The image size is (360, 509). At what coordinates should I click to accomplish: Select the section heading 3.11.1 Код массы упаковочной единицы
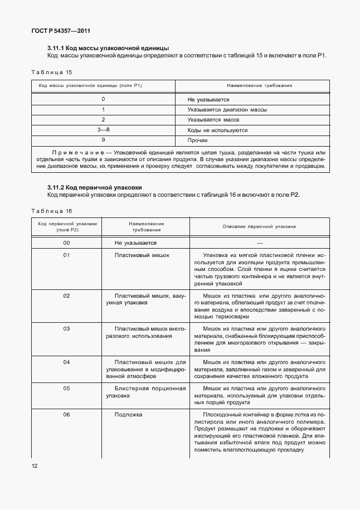click(x=108, y=48)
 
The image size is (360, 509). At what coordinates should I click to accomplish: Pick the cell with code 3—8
click(x=103, y=130)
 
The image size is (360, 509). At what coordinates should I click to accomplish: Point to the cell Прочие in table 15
click(x=197, y=140)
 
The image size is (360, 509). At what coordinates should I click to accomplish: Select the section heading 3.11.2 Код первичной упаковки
click(x=95, y=187)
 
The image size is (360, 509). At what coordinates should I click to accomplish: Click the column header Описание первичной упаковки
click(x=259, y=226)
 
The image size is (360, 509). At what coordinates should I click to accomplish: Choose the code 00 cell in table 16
click(x=66, y=243)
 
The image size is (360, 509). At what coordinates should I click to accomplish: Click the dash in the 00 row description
click(x=259, y=243)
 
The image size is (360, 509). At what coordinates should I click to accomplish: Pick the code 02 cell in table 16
click(x=66, y=295)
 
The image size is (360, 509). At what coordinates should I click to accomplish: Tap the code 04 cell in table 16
click(x=66, y=362)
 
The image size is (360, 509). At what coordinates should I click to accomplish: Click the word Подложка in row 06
click(x=129, y=415)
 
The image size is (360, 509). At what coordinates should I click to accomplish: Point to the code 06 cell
click(x=66, y=415)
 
